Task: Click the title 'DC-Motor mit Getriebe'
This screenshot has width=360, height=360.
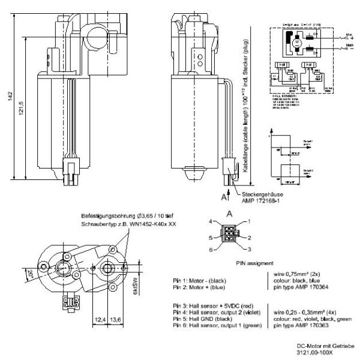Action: pos(324,346)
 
